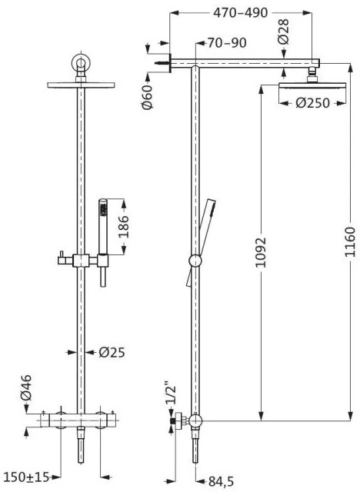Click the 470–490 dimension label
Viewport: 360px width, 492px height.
coord(240,13)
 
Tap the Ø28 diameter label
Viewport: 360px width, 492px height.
coord(283,32)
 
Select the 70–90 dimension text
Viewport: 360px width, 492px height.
coord(227,43)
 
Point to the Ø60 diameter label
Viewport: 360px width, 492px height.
coord(147,97)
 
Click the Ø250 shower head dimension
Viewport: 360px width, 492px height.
coord(313,103)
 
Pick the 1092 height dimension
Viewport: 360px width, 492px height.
coord(260,253)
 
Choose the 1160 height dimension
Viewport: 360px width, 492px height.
coord(349,242)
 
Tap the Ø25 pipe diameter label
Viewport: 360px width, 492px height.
coord(112,352)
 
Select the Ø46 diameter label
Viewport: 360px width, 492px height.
coord(26,387)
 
